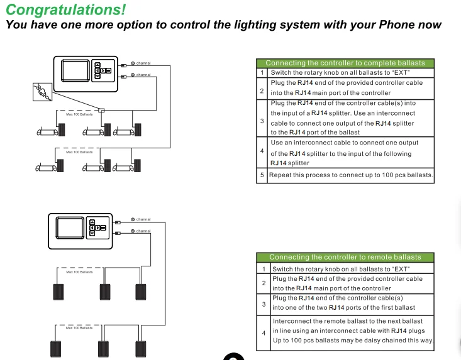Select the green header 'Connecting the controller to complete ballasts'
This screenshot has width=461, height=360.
click(x=345, y=63)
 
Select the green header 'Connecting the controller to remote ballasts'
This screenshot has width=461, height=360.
click(x=345, y=257)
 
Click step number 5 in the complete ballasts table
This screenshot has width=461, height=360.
click(x=262, y=175)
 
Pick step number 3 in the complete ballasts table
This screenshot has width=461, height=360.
click(x=262, y=118)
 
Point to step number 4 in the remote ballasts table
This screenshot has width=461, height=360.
click(x=264, y=332)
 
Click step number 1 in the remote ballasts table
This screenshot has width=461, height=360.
click(x=264, y=269)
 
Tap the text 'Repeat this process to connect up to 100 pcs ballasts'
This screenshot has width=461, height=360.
click(x=351, y=175)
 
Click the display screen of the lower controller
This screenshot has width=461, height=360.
click(x=69, y=227)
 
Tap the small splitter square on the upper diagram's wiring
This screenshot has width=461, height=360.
click(x=101, y=111)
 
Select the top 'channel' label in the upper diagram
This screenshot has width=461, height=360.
click(x=143, y=63)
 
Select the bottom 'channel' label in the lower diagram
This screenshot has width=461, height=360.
click(x=143, y=231)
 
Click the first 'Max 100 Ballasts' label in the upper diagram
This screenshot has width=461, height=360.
click(x=79, y=114)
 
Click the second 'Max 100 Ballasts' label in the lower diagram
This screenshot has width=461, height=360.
click(x=79, y=328)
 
